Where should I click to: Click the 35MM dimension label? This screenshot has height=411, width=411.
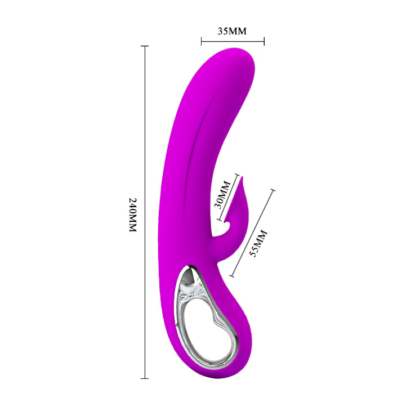pos(232,31)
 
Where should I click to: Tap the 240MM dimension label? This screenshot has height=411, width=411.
pos(133,216)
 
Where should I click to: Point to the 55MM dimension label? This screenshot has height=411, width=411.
pos(259,243)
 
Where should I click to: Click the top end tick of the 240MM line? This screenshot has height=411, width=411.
pos(145,46)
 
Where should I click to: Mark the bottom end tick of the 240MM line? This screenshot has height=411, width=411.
pos(145,378)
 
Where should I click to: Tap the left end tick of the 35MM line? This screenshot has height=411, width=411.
pos(201,41)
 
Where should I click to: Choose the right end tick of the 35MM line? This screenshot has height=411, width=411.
pos(264,41)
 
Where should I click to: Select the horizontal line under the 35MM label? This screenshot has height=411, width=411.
pos(233,41)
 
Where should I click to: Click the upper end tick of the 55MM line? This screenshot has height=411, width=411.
pos(274,190)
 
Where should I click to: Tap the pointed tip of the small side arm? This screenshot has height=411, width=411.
pos(244,178)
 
